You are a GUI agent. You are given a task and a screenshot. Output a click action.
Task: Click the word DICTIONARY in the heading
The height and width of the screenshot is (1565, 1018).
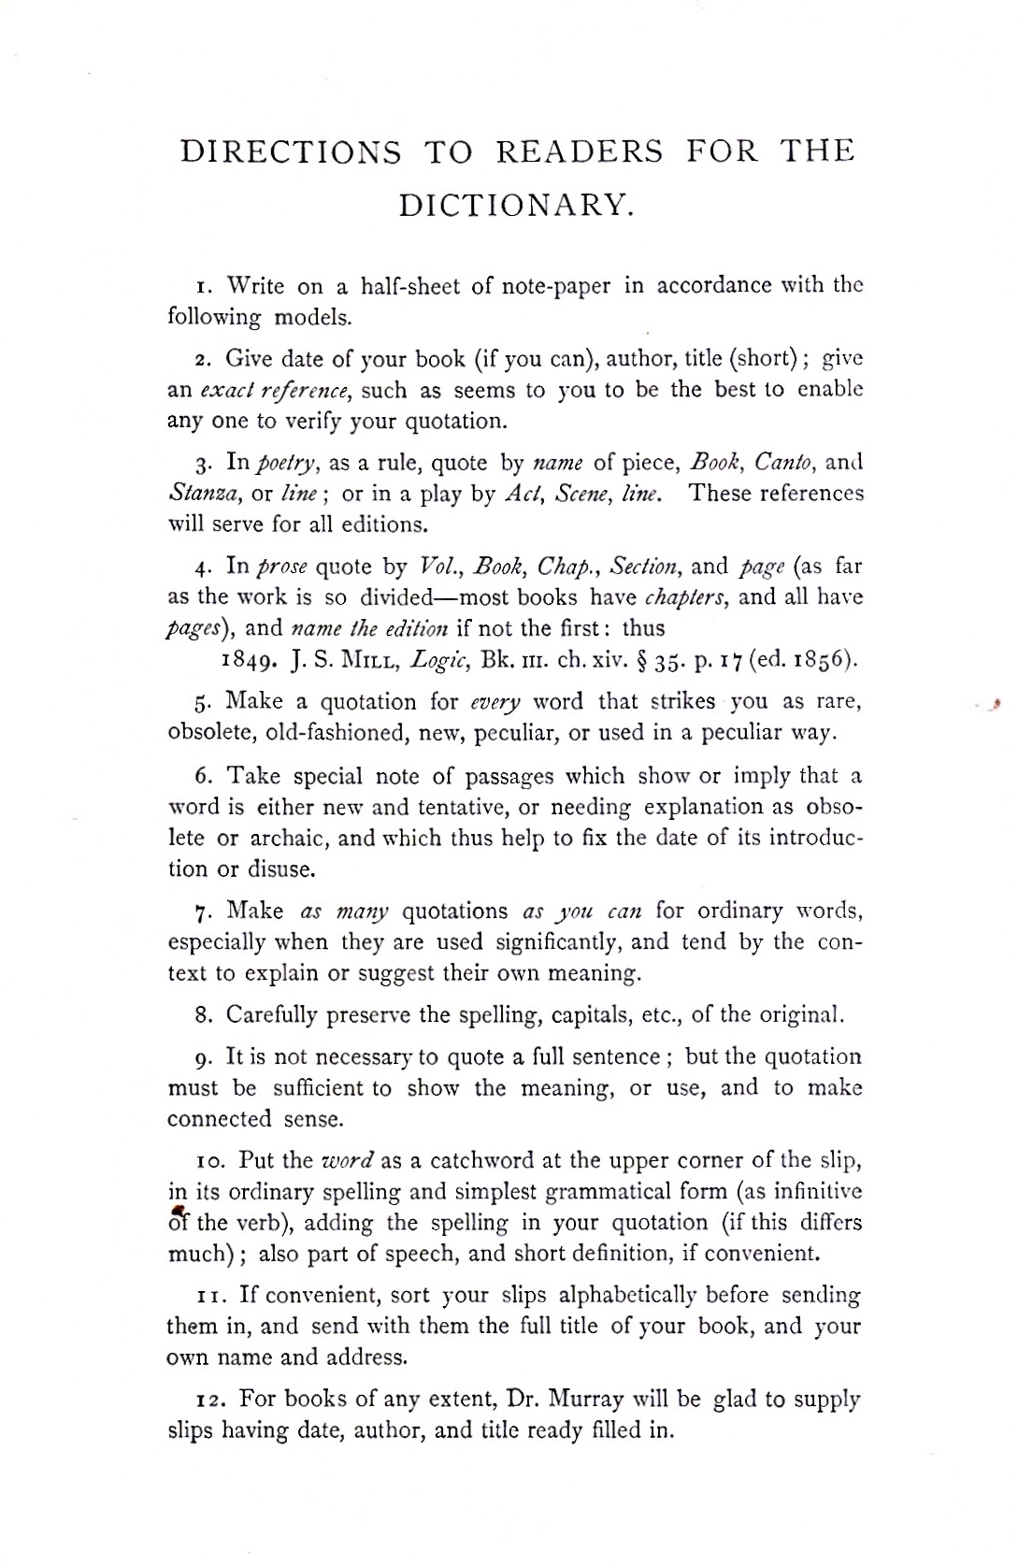517,205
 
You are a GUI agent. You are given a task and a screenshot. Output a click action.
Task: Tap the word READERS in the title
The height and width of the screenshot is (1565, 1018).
579,151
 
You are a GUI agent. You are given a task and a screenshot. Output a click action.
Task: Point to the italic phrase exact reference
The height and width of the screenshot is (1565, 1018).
276,390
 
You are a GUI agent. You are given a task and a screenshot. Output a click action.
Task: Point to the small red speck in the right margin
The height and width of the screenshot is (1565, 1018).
998,708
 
